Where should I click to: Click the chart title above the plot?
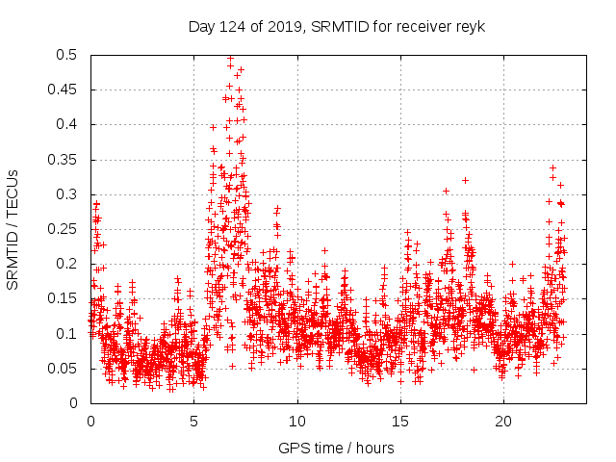pos(336,26)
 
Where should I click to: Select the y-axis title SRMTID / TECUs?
pos(13,229)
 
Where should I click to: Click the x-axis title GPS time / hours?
pos(336,448)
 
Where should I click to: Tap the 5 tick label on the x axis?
pos(194,422)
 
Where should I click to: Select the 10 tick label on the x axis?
pos(297,422)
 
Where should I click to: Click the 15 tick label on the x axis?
pos(400,422)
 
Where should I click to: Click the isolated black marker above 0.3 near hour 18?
pos(465,180)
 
